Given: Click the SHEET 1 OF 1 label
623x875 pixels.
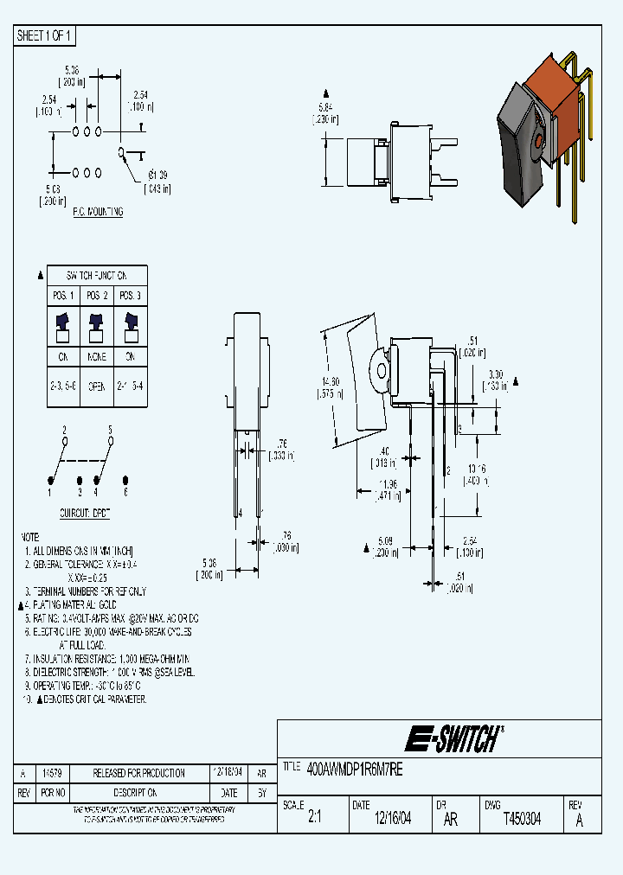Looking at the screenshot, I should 45,35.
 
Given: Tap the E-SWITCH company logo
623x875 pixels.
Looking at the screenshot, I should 453,738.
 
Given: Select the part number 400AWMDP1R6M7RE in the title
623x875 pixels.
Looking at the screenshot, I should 355,767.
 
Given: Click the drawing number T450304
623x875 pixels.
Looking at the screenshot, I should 522,819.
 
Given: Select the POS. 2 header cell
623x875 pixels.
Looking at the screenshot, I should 97,295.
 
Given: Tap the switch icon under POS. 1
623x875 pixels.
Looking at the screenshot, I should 64,322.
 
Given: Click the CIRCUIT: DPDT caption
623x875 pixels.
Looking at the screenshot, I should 84,513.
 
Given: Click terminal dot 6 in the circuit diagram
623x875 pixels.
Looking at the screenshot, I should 126,480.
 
